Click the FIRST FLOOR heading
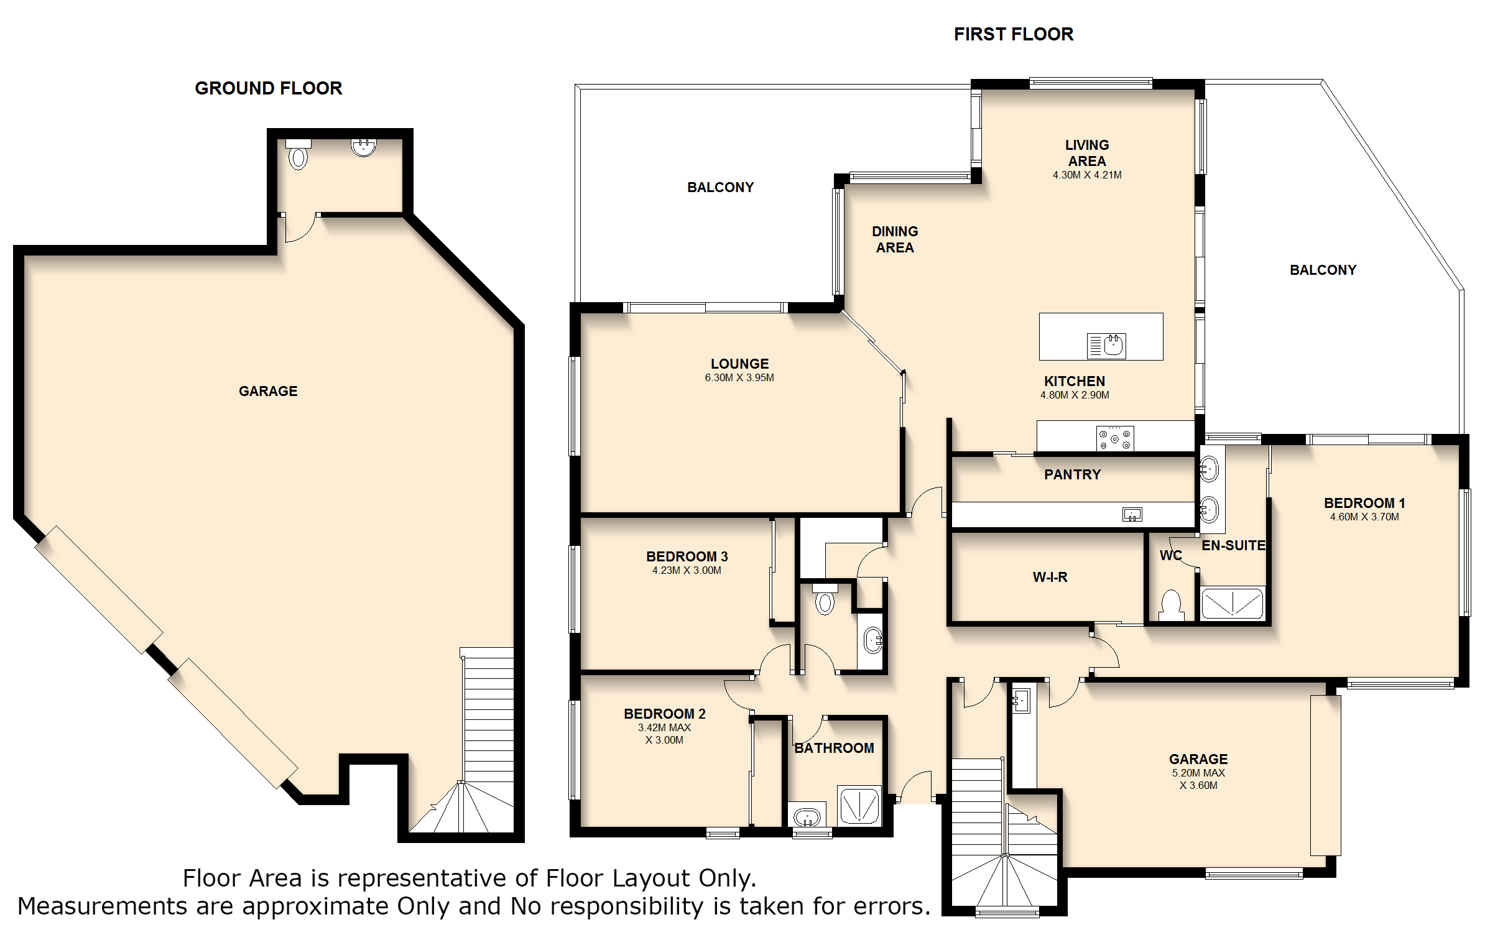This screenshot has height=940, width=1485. pyautogui.click(x=1014, y=34)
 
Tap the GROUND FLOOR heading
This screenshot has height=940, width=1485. pyautogui.click(x=269, y=88)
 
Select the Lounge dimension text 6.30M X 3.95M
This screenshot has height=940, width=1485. pyautogui.click(x=739, y=377)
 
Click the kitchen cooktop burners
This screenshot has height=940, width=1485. pyautogui.click(x=1115, y=438)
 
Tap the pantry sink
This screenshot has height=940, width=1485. pyautogui.click(x=1132, y=514)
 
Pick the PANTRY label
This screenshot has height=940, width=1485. pyautogui.click(x=1073, y=475)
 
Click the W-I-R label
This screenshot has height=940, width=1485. pyautogui.click(x=1050, y=578)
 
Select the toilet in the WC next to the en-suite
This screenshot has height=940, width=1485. pyautogui.click(x=1172, y=605)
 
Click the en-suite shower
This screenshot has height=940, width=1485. pyautogui.click(x=1233, y=603)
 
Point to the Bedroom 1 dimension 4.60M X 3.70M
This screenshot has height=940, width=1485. pyautogui.click(x=1364, y=517)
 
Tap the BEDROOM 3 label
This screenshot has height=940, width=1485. pyautogui.click(x=687, y=556)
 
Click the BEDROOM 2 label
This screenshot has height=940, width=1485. pyautogui.click(x=665, y=714)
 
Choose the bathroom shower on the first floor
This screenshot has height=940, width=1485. pyautogui.click(x=859, y=806)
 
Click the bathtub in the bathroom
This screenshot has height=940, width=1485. pyautogui.click(x=807, y=815)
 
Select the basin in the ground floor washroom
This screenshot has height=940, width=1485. pyautogui.click(x=364, y=147)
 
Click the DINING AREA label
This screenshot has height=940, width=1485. pyautogui.click(x=895, y=239)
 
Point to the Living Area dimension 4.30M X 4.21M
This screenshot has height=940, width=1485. pyautogui.click(x=1087, y=175)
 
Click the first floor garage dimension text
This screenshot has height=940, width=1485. pyautogui.click(x=1199, y=779)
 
